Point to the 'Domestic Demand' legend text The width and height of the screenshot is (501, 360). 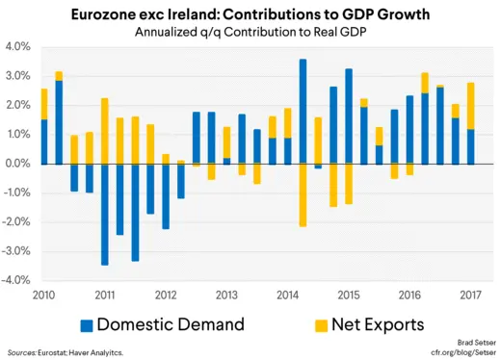(x=170, y=324)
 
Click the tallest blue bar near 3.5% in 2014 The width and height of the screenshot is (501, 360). (x=303, y=111)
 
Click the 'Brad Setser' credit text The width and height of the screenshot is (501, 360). (x=470, y=342)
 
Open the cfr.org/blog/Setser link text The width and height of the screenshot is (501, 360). (x=457, y=352)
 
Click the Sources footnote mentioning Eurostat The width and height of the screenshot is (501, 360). (x=65, y=352)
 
